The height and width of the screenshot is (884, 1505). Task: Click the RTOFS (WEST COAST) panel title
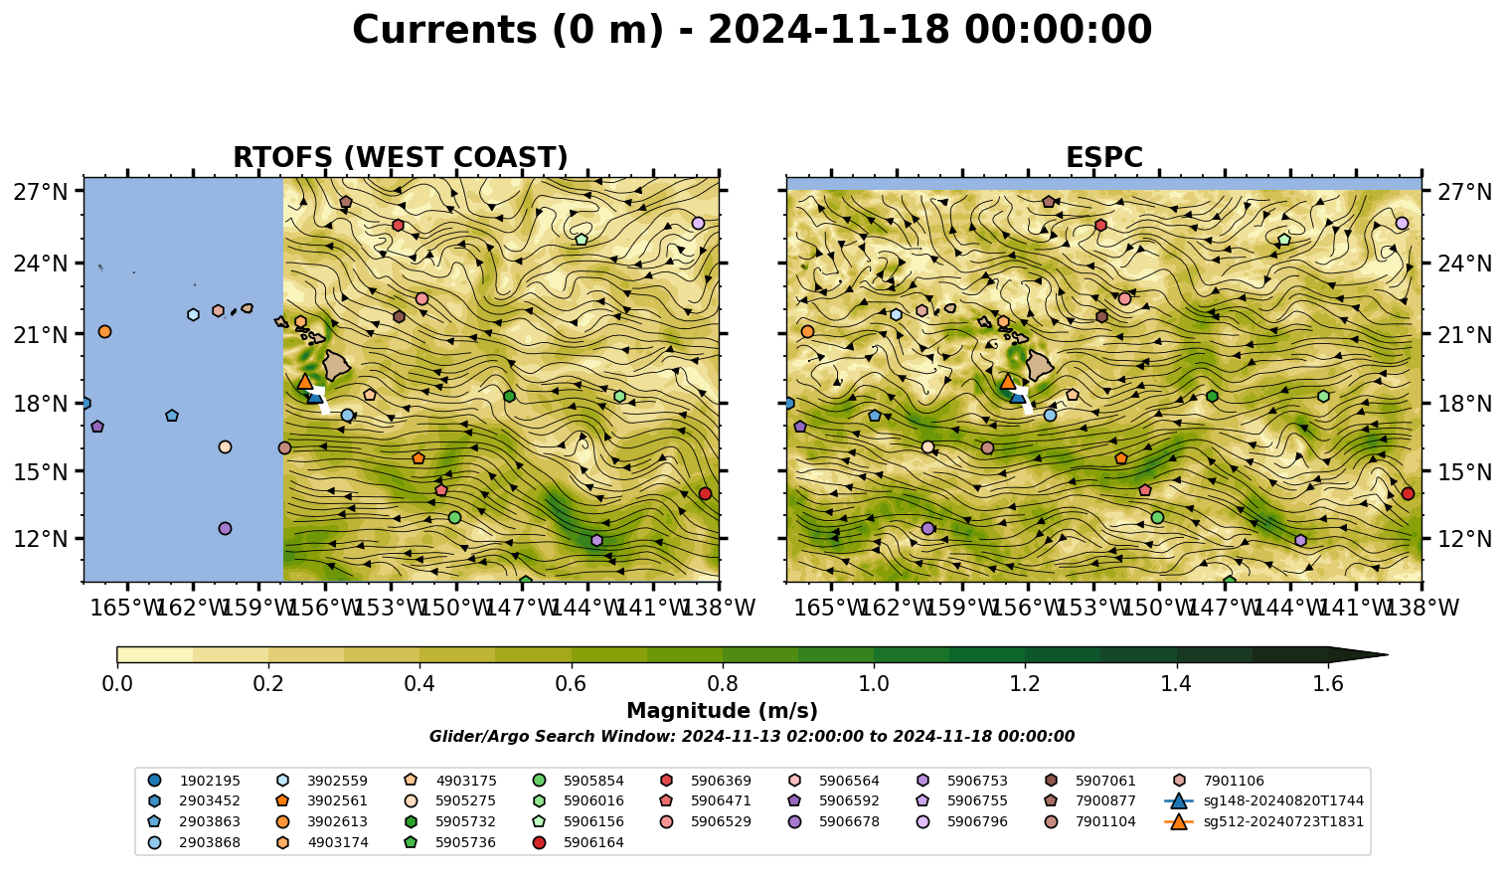(x=401, y=158)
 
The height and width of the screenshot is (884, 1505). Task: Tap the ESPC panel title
(x=1103, y=158)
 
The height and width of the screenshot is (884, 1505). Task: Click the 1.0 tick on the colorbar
(x=874, y=684)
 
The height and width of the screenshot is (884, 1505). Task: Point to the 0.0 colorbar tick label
(x=117, y=684)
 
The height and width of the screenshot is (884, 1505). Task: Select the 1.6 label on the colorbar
(x=1328, y=684)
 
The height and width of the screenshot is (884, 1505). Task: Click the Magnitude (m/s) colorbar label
(x=723, y=711)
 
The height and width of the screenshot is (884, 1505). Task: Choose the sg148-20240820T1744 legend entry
(x=1264, y=800)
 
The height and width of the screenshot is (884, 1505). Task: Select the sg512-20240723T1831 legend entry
(x=1264, y=821)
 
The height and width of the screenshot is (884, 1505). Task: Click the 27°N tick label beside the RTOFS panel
(x=41, y=192)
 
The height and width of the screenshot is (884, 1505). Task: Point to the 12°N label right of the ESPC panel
(x=1464, y=539)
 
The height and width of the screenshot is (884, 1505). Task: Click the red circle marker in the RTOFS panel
(x=705, y=493)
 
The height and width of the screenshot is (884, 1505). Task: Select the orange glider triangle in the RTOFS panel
(x=305, y=382)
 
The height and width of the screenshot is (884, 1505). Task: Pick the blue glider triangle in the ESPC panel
(x=1019, y=396)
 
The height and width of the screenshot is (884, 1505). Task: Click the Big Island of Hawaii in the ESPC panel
(x=1040, y=365)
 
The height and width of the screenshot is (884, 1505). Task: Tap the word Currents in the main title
(x=444, y=30)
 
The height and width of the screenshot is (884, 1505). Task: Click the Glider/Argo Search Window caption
(x=752, y=737)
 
